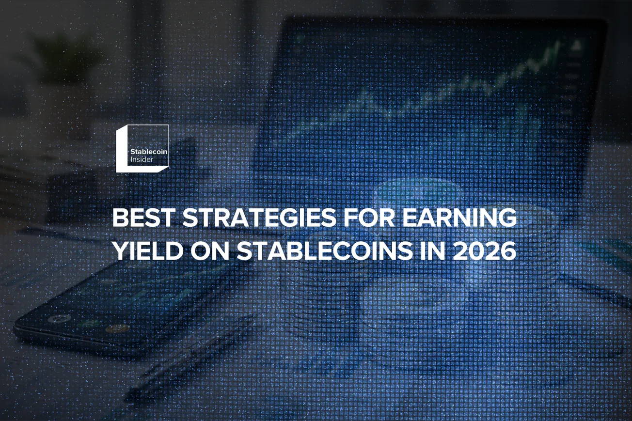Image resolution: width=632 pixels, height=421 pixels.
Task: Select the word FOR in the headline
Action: [x=366, y=219]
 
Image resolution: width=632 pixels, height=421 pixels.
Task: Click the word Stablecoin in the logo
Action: [x=148, y=152]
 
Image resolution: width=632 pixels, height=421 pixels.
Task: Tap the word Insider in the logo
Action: [x=142, y=159]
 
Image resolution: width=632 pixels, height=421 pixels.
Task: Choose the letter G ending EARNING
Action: [x=506, y=219]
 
